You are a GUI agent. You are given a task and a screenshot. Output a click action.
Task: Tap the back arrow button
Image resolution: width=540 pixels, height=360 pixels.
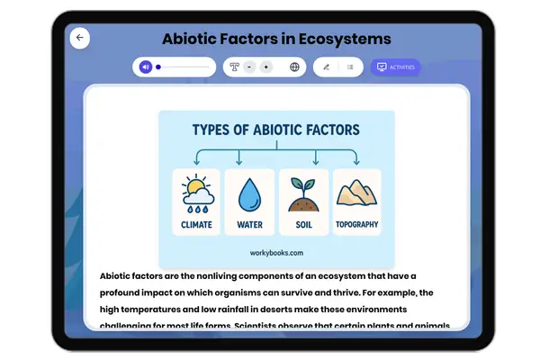(80, 38)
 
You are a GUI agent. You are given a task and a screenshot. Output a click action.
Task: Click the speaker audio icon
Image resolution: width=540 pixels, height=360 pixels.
(145, 67)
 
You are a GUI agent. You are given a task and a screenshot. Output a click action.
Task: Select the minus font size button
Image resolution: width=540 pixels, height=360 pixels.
(249, 67)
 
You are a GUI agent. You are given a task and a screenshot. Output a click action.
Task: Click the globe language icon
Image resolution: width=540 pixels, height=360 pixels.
(294, 67)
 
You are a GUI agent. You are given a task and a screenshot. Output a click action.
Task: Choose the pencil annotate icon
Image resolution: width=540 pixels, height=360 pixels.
(326, 67)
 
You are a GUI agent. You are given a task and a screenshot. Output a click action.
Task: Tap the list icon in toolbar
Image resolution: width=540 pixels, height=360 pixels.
(350, 67)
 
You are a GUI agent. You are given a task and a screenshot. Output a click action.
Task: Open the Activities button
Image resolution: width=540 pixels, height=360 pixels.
(395, 67)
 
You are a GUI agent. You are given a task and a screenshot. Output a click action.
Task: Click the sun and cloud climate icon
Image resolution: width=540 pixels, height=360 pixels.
(197, 193)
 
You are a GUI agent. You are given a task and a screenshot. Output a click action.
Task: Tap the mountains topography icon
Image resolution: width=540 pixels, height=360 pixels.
(356, 193)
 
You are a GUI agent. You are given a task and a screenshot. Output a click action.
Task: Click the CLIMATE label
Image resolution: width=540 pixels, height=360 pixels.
(197, 224)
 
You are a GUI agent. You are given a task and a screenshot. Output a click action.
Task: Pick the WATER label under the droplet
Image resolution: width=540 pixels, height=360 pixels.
(249, 224)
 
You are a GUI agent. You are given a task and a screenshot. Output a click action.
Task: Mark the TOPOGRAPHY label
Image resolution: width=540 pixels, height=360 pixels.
(356, 224)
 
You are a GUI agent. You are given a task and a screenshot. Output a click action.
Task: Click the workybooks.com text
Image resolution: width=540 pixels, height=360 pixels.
(276, 254)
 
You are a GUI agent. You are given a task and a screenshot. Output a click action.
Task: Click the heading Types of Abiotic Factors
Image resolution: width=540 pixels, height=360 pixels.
(276, 130)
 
